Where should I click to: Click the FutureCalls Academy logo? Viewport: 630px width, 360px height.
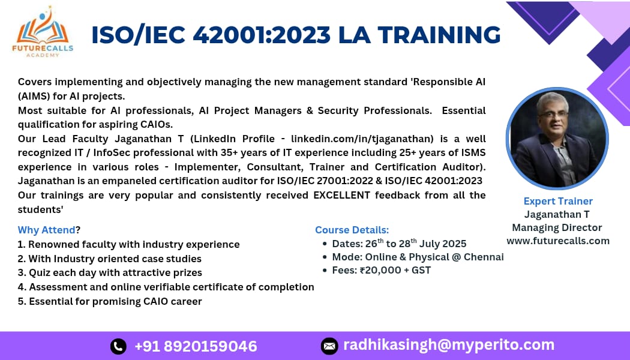[43, 32]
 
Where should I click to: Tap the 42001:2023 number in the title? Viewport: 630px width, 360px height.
[262, 35]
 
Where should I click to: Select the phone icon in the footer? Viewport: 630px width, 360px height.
[118, 346]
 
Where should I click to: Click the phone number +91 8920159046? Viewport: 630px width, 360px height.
[196, 346]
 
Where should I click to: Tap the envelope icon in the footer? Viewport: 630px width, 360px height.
[329, 346]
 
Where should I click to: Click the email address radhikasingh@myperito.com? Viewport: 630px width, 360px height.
[449, 345]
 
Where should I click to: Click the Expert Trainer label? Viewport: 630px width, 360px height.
[558, 201]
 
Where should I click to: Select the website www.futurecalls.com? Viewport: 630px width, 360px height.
[558, 241]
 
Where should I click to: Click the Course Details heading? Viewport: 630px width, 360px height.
[352, 230]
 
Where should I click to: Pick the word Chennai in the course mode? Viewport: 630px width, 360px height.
[484, 257]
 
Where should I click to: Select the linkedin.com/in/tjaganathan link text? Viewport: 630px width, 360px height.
[362, 139]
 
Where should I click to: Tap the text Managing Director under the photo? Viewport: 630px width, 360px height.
[557, 227]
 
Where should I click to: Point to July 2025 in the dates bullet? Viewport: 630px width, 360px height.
[443, 244]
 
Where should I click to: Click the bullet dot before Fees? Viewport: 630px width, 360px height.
[325, 271]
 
